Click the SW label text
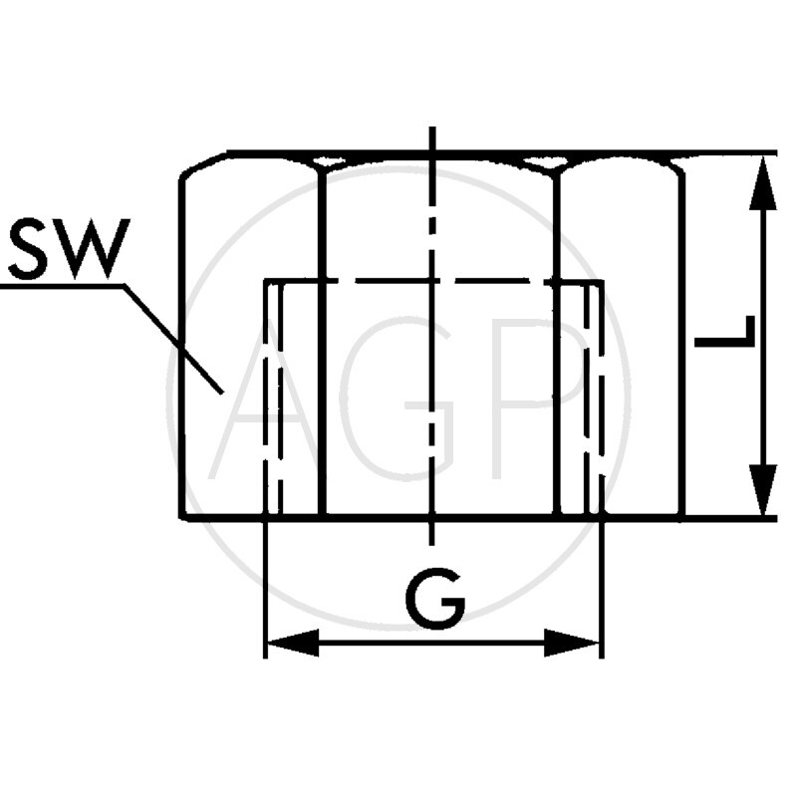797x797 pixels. point(67,249)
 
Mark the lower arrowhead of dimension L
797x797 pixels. point(762,490)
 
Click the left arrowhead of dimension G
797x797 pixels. point(291,643)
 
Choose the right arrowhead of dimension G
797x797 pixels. point(575,643)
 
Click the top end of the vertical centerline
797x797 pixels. point(431,130)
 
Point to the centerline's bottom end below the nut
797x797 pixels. point(431,543)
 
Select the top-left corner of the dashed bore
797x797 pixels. point(265,282)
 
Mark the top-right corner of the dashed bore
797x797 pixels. point(602,282)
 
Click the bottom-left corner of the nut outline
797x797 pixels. point(182,517)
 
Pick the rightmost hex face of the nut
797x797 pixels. point(620,339)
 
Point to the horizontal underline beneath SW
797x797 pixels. point(60,286)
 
